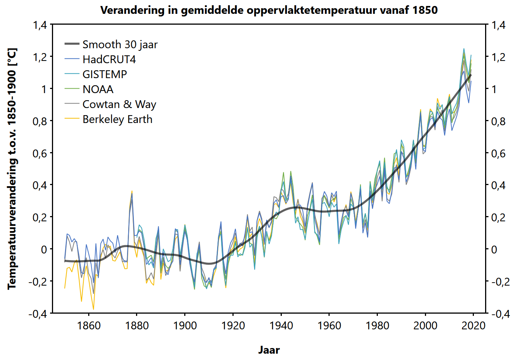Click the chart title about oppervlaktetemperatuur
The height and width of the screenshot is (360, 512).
coord(269,10)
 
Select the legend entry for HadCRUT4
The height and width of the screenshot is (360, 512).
coord(109,59)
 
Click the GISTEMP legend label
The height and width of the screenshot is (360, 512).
coord(105,74)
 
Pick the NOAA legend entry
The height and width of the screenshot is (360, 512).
coord(98,89)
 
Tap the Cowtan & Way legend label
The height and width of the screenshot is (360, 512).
coord(119,104)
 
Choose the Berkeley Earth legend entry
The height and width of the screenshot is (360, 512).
coord(117,119)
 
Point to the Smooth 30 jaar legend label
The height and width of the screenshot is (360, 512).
coord(120,44)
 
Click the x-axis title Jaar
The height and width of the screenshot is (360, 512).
coord(269,350)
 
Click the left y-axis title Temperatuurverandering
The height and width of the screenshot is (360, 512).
coord(12,169)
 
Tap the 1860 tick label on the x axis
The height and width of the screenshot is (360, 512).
coord(89,326)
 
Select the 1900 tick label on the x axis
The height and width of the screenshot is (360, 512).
coord(185,326)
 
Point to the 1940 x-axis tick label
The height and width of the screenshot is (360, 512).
coord(281,326)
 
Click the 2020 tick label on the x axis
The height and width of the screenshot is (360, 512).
coord(474,326)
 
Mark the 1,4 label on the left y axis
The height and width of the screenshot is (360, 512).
coord(40,25)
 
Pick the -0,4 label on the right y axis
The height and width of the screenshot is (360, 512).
coord(500,313)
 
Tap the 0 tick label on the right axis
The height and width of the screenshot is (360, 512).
coord(494,249)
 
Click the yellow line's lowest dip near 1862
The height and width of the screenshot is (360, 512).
coord(93,309)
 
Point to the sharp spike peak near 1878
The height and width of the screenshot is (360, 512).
coord(132,191)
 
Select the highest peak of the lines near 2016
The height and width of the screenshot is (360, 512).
coord(464,49)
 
